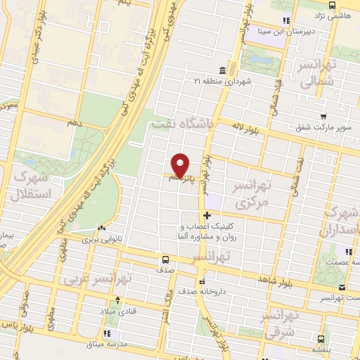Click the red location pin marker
[181, 165]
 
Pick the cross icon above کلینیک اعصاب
[206, 215]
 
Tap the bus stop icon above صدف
[165, 258]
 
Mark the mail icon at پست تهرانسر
[342, 287]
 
